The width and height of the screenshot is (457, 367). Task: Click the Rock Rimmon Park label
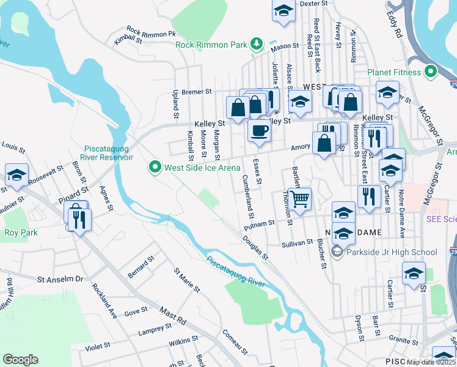pos(211,45)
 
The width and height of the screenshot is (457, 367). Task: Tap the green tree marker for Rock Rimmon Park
pos(258,44)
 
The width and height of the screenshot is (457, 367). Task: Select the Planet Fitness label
pos(395,73)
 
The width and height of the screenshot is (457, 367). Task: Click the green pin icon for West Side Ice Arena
pos(155,166)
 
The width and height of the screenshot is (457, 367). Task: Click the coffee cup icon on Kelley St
pos(259,131)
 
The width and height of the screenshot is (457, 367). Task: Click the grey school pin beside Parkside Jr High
pos(337,251)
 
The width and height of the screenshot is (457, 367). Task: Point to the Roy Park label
pos(21,232)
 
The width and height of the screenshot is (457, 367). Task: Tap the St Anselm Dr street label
pos(60,280)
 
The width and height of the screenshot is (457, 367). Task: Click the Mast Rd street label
pos(174,317)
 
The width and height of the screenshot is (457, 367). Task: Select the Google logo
pos(20,360)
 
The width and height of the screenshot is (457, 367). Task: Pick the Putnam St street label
pos(260,224)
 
